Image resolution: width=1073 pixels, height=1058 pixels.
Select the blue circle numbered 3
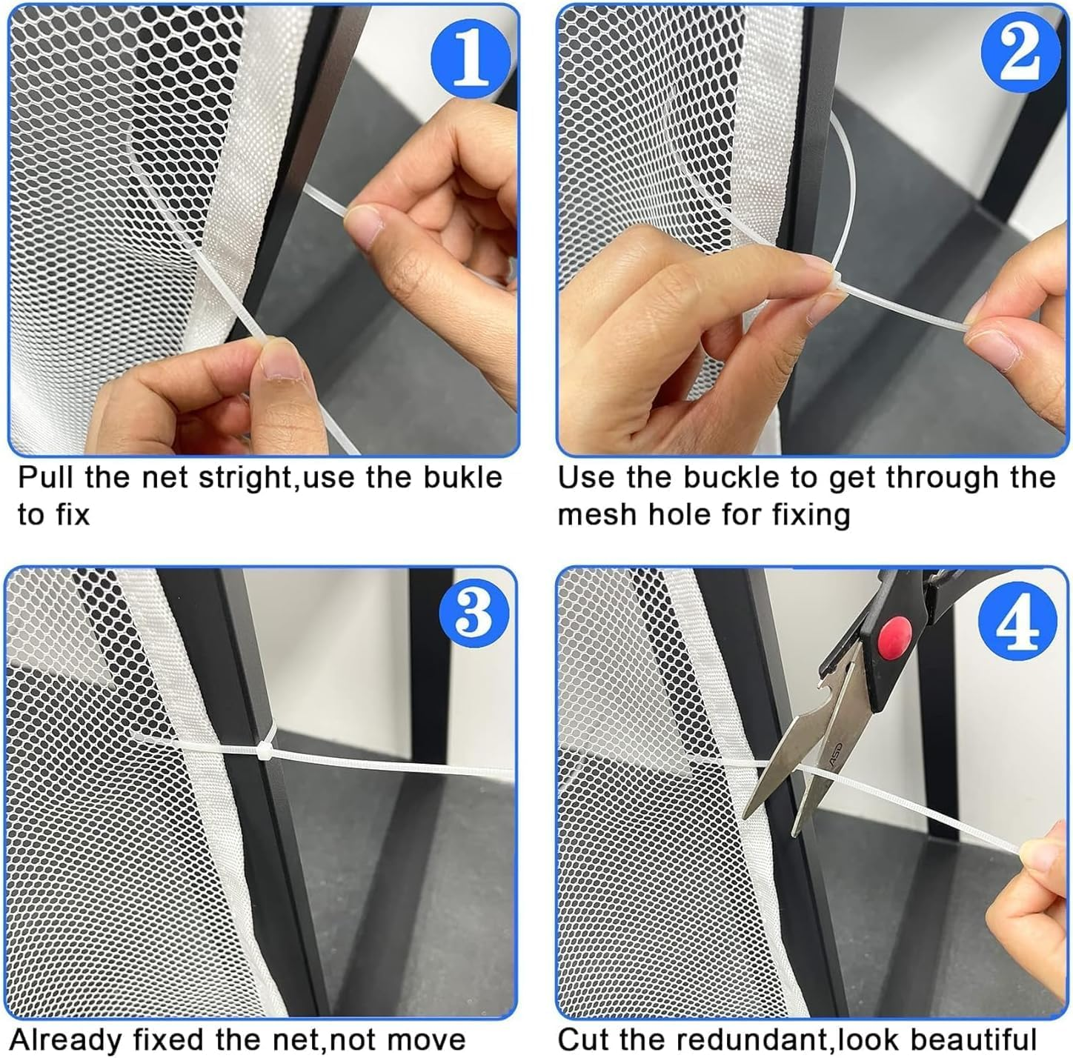(x=474, y=613)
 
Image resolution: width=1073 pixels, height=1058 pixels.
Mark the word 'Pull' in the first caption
(x=46, y=477)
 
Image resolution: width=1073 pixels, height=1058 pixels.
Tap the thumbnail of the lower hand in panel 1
(x=281, y=367)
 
